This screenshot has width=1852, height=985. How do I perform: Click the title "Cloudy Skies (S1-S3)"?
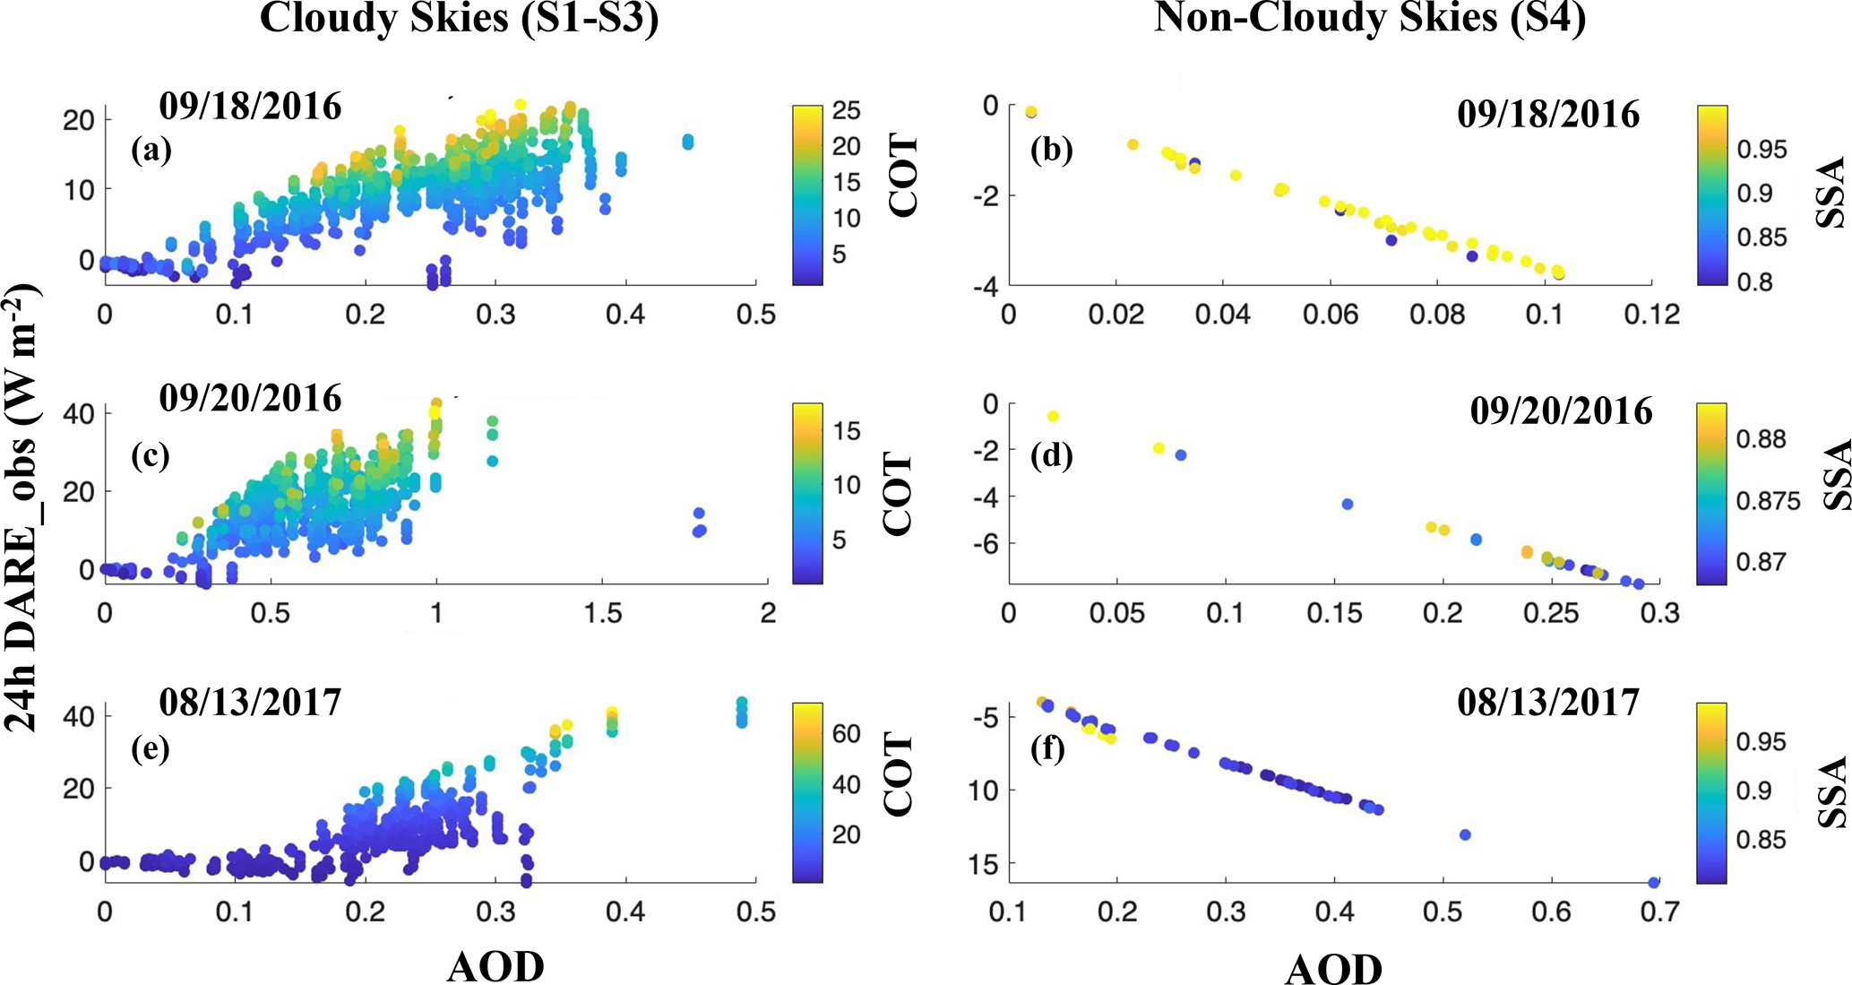point(459,18)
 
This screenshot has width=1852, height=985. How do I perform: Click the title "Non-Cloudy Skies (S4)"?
point(1369,18)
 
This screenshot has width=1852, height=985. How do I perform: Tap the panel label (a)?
point(151,151)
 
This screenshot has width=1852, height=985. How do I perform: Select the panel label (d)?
point(1051,456)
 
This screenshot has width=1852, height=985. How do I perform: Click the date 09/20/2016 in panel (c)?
point(250,398)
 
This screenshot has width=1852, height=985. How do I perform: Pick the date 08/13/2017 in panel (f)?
point(1548,702)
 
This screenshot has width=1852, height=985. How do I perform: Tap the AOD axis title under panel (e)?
point(495,966)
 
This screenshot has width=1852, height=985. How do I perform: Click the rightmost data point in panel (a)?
point(687,142)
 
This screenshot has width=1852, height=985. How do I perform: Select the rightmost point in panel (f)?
point(1653,883)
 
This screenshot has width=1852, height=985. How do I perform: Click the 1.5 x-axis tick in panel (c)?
point(602,613)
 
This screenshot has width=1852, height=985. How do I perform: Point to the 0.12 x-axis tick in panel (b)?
point(1653,315)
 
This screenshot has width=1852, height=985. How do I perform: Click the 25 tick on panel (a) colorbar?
point(846,110)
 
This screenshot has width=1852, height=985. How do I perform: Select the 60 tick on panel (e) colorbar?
point(846,733)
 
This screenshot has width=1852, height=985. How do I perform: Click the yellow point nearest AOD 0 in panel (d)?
point(1053,416)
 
